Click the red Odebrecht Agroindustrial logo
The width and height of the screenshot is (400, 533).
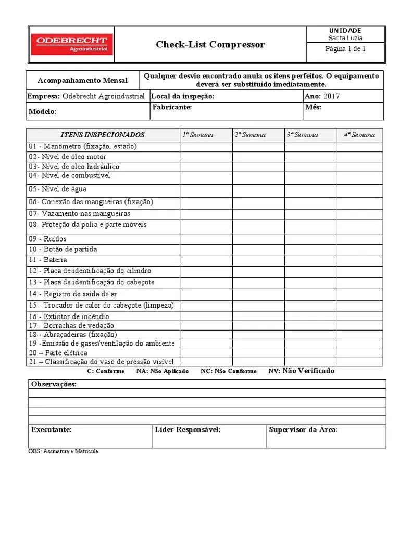tap(71, 44)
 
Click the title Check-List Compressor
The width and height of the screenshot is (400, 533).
tap(210, 45)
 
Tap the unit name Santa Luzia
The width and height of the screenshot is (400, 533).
tap(345, 38)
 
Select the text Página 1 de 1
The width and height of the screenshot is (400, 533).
tap(345, 49)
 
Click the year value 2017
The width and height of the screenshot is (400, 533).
tap(331, 96)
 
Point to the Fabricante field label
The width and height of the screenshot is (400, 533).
tap(172, 107)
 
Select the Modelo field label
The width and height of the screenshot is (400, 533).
tap(43, 111)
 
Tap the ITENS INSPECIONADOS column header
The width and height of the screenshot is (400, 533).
tap(103, 135)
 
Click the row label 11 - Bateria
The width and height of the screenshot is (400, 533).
tap(48, 260)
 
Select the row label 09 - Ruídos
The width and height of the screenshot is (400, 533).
tap(47, 239)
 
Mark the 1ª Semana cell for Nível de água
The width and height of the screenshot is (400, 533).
tap(206, 189)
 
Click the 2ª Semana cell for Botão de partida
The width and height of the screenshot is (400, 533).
tap(258, 249)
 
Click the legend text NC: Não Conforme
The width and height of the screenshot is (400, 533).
tap(228, 371)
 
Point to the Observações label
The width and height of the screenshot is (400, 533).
tap(54, 384)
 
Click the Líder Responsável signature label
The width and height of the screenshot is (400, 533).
tap(187, 430)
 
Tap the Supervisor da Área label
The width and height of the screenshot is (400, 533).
tap(303, 430)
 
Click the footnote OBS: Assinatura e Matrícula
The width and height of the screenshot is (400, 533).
tap(64, 451)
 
